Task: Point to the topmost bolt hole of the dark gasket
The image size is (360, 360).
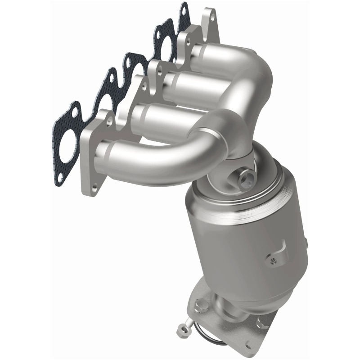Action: coord(184,8)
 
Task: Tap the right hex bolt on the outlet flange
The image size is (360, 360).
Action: coord(261,322)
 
